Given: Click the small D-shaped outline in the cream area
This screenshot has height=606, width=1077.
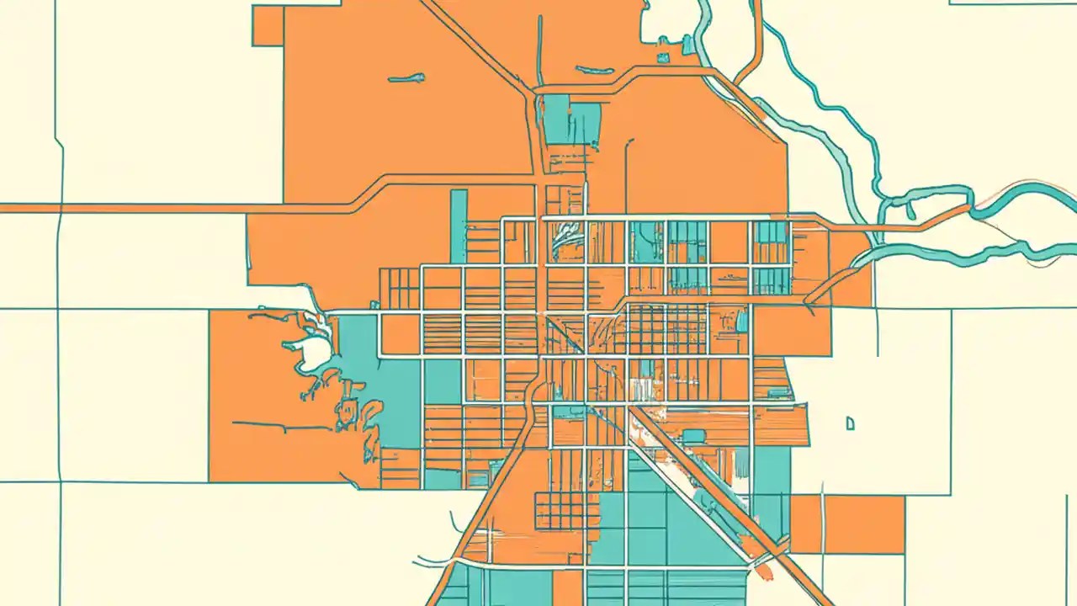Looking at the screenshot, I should click(x=851, y=423).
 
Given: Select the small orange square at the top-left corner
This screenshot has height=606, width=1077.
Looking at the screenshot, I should click(x=268, y=26).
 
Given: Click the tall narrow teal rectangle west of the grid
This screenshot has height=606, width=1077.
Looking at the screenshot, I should click(x=459, y=226).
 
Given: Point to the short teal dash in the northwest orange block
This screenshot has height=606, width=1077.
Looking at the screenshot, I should click(x=406, y=79).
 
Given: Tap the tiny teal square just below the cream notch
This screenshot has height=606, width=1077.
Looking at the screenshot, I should click(x=663, y=57).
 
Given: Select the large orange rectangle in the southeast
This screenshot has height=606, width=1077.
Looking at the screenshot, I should click(x=864, y=524).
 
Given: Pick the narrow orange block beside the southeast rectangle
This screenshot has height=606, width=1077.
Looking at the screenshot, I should click(x=805, y=524).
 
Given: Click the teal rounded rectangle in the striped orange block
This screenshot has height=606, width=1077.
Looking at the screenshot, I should click(x=694, y=436).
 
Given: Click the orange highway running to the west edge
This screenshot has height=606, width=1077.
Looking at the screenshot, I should click(x=168, y=207).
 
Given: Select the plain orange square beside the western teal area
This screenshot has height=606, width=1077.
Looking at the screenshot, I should click(x=401, y=334).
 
